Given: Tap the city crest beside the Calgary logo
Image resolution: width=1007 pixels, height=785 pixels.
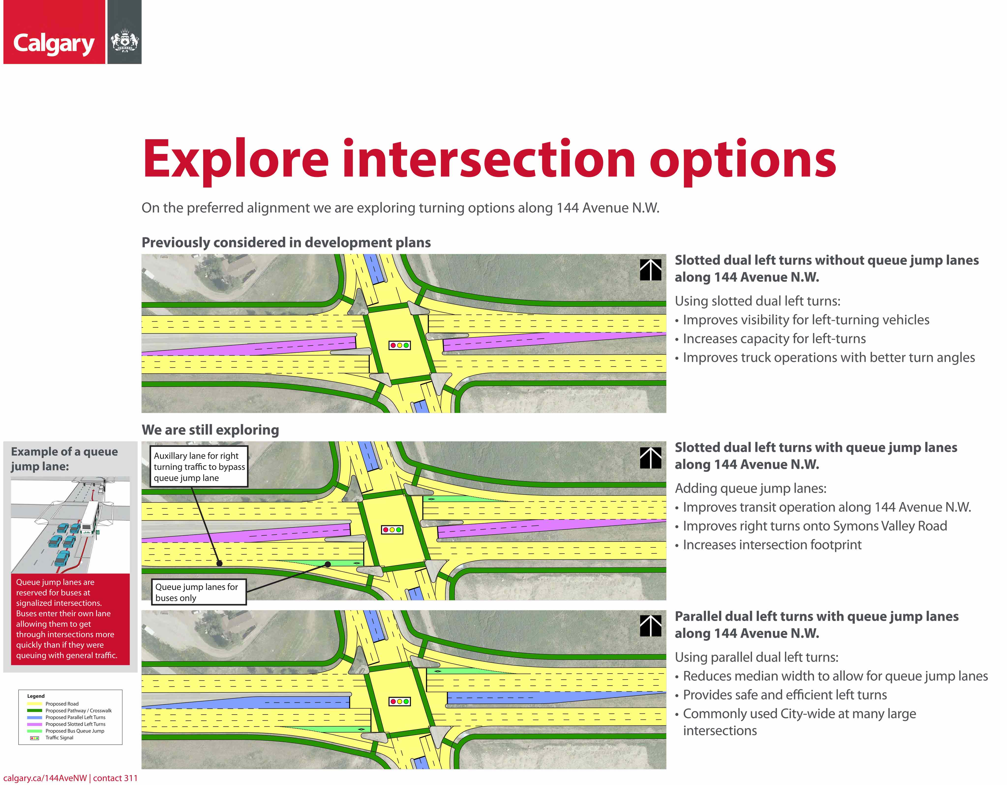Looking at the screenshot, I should click(x=124, y=41).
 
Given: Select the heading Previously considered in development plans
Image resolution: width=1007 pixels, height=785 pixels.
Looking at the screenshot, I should click(x=286, y=242).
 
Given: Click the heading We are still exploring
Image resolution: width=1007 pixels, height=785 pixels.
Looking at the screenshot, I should click(x=210, y=430).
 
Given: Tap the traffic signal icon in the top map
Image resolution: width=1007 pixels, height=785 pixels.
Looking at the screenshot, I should click(x=399, y=345).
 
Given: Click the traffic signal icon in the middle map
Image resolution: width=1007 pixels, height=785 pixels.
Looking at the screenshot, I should click(x=392, y=530).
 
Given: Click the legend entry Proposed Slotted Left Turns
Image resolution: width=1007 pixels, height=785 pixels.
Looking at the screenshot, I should click(x=75, y=724).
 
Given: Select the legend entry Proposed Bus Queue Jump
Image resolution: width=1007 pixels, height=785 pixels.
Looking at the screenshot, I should click(x=75, y=731).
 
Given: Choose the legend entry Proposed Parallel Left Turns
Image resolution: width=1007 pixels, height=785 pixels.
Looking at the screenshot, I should click(x=75, y=717).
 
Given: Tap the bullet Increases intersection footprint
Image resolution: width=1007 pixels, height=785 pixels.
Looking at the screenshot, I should click(x=772, y=545).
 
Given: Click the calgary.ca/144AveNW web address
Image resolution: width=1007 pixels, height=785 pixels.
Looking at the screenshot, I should click(x=45, y=778).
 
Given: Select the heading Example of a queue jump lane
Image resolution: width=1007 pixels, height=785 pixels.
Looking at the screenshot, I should click(x=64, y=459).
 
